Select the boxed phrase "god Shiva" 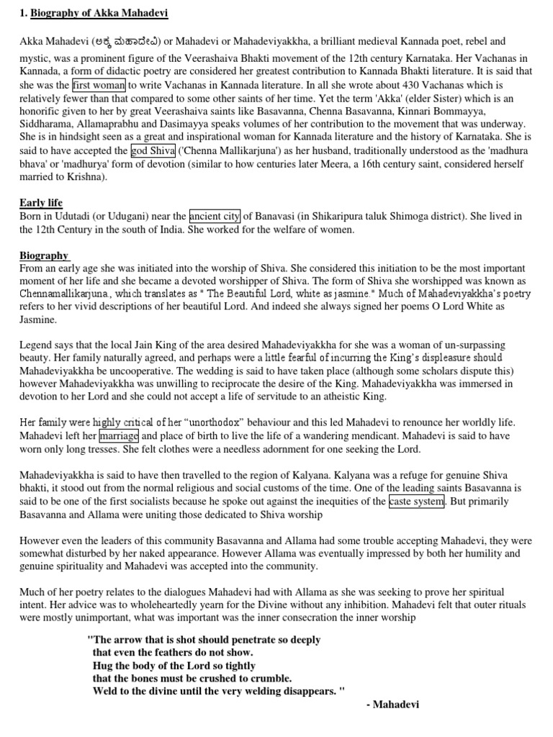(x=153, y=150)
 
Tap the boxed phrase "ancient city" (x=215, y=216)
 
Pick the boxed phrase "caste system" (x=416, y=501)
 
